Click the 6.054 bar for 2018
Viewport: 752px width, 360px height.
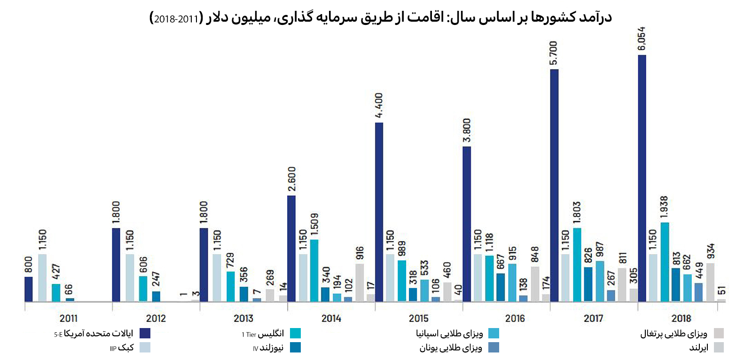[x=642, y=179]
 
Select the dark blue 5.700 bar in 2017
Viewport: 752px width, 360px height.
[x=554, y=186]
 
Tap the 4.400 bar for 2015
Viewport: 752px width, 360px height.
[x=379, y=212]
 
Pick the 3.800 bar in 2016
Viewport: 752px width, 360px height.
[x=467, y=224]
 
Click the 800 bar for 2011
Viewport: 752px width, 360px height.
[x=29, y=289]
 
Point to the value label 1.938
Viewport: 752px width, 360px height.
[x=664, y=207]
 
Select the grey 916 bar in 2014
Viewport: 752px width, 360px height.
[x=360, y=282]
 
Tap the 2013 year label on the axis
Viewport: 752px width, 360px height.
[x=243, y=318]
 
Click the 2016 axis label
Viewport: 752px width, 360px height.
[x=515, y=318]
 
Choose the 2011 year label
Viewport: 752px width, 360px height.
[x=69, y=318]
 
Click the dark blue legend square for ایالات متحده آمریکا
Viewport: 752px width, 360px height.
[x=145, y=333]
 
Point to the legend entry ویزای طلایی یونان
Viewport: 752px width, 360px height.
[x=451, y=348]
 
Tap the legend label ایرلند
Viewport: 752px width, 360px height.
[x=698, y=348]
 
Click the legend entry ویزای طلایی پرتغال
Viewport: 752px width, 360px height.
[x=674, y=334]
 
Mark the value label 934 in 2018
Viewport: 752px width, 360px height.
[x=711, y=251]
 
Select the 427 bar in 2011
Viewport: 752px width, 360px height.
[x=56, y=292]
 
